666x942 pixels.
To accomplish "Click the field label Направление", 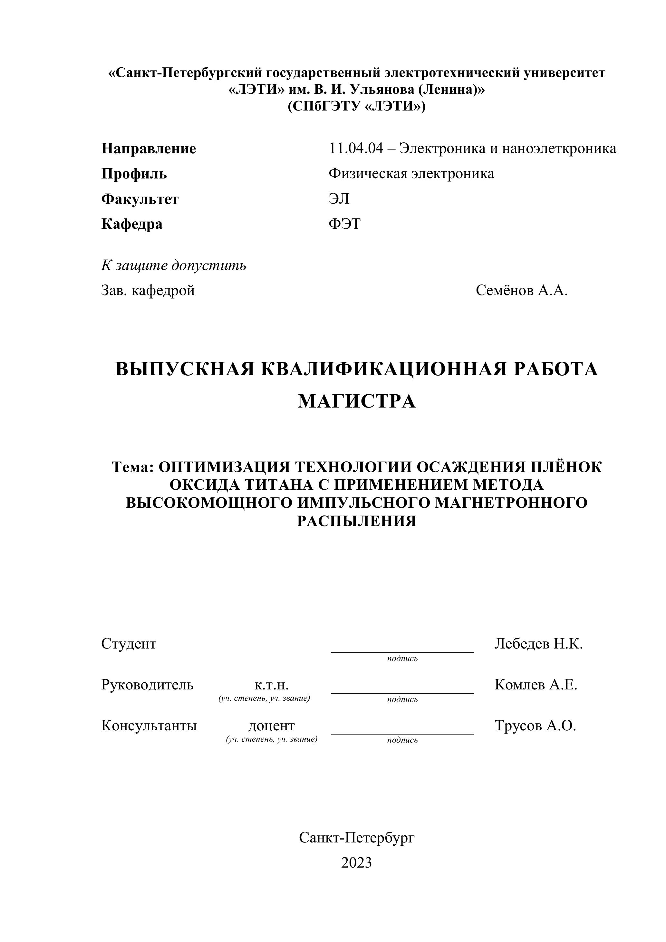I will coord(149,149).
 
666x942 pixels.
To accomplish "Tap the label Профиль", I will coord(134,174).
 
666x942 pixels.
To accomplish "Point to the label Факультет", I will coord(140,199).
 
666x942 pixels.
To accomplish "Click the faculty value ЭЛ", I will coord(339,199).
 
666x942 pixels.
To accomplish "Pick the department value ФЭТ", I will coord(344,224).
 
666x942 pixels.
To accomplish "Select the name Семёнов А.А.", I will coord(522,291).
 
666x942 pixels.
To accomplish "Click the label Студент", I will coord(129,644).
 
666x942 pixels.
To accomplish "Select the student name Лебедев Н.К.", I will coord(538,644).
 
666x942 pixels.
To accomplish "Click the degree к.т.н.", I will coord(271,685).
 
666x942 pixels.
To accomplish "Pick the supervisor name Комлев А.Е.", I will coord(536,684).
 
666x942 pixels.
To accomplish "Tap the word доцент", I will coord(271,726).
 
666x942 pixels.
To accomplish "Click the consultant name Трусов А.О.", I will coord(535,726).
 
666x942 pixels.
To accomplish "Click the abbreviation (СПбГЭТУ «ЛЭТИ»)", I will coord(356,107).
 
